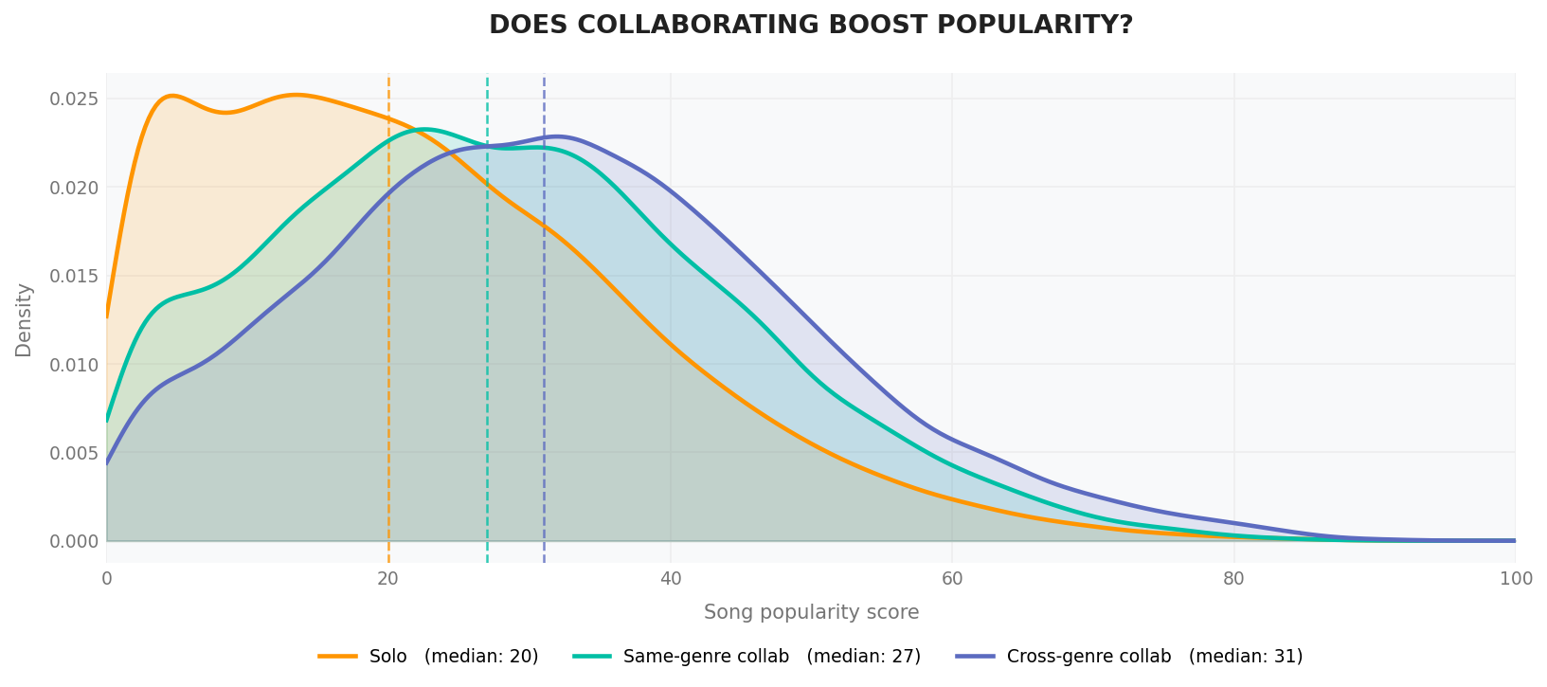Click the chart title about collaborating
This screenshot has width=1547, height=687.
pos(811,26)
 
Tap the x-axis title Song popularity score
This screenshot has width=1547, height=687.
pos(811,612)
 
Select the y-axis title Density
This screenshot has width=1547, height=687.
pos(24,319)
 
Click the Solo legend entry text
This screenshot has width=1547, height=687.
pos(454,657)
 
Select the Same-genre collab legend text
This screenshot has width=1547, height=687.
pos(771,657)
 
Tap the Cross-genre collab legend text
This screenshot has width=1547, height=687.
pos(1154,657)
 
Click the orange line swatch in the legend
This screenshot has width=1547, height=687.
pos(338,657)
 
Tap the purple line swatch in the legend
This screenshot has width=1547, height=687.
pos(976,657)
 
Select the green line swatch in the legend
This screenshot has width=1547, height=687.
pos(592,657)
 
